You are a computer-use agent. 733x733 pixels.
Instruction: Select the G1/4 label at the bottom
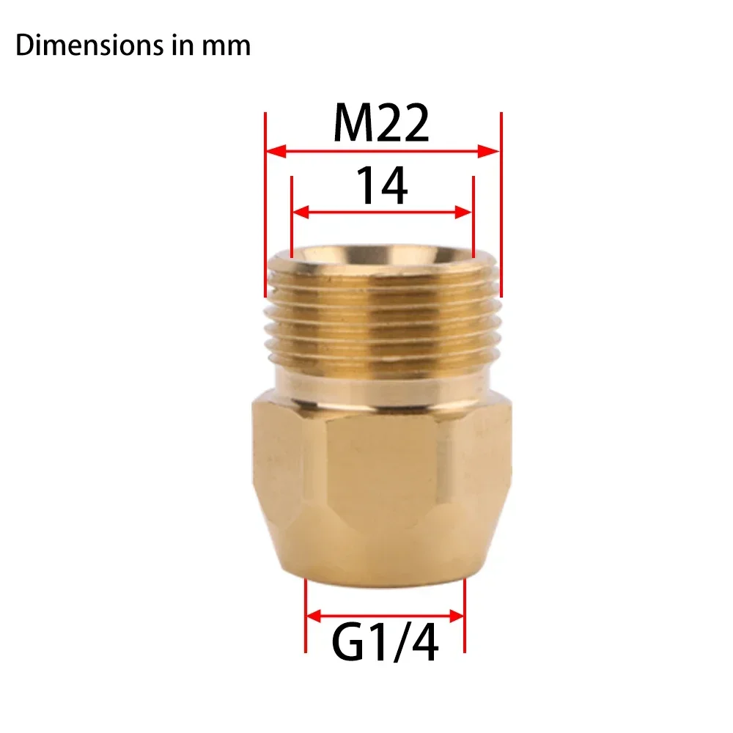point(385,645)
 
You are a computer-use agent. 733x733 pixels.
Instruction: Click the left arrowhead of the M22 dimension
point(274,152)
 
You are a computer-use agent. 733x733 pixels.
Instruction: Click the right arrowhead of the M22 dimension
point(490,152)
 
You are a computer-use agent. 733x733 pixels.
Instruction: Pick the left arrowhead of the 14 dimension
point(301,213)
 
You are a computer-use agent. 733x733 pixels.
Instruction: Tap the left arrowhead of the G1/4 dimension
point(314,614)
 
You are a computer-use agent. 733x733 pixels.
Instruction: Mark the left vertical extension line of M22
point(265,205)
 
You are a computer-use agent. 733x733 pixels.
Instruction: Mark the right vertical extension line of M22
point(501,205)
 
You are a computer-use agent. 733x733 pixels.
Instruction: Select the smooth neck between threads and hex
point(381,377)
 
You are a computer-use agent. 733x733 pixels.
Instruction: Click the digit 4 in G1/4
point(424,645)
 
